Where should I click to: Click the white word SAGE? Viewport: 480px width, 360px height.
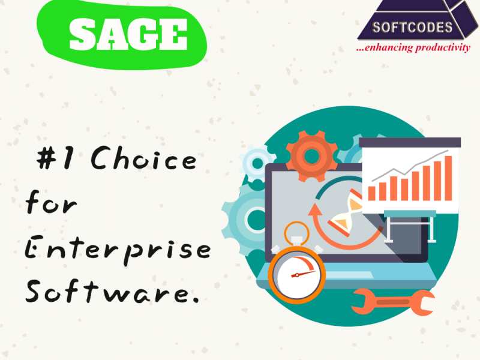click(x=128, y=34)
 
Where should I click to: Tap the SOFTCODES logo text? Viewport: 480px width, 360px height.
click(x=412, y=28)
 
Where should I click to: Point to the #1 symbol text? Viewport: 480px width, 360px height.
click(x=55, y=158)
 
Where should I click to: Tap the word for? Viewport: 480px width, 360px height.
click(x=51, y=202)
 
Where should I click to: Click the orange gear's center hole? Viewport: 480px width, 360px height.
click(x=311, y=156)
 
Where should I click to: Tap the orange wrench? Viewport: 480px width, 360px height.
click(x=393, y=302)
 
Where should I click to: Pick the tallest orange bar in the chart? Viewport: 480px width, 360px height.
click(x=448, y=178)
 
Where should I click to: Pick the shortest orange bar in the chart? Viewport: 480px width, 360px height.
click(x=371, y=193)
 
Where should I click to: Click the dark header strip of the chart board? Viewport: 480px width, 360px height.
click(x=410, y=143)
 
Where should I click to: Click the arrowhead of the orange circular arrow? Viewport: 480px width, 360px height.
click(x=314, y=211)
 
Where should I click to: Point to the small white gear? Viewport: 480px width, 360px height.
click(x=257, y=162)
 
